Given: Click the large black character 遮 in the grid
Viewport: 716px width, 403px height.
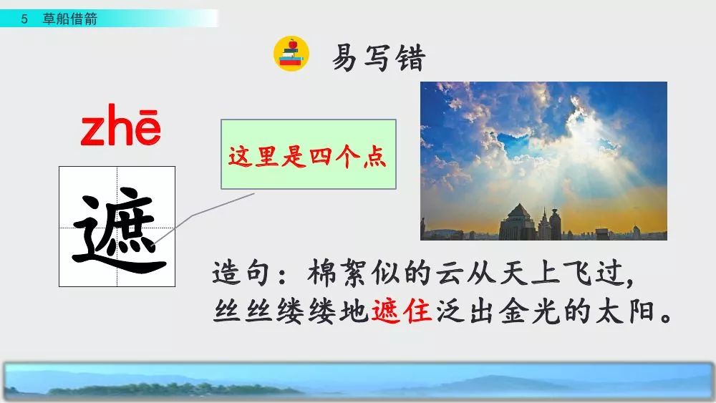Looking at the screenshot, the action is pos(119,230).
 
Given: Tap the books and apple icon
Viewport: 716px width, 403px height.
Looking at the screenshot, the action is pos(291,54).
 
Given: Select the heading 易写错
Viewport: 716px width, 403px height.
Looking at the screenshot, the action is pos(379,57).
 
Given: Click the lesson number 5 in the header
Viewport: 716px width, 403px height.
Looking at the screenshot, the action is pos(24,19).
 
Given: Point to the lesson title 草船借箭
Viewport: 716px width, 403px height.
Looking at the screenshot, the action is pos(70,19).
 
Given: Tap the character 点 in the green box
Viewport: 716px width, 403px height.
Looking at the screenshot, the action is pos(375,157).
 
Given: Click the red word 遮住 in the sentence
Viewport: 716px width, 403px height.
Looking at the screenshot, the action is pos(402,311).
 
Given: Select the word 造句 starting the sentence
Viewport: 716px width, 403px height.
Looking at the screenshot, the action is pos(242,273).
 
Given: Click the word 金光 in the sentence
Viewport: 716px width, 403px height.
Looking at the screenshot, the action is pos(529,311).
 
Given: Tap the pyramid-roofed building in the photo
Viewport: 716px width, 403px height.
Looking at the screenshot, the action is pos(518,223).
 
